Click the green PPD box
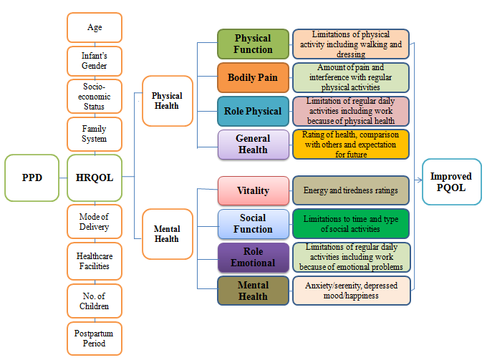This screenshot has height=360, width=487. [31, 176]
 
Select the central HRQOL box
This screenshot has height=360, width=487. [95, 176]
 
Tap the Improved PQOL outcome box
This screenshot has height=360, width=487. [451, 182]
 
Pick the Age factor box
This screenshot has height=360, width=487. [95, 28]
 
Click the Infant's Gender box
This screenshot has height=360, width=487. [95, 62]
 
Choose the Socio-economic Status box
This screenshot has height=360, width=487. [95, 96]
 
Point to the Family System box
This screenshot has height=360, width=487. [95, 134]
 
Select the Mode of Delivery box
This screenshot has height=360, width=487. [95, 222]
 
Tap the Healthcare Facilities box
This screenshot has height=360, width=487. [95, 261]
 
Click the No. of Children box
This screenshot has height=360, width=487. [95, 301]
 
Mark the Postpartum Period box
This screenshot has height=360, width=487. [95, 339]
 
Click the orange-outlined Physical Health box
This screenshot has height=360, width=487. [167, 101]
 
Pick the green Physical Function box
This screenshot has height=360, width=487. [253, 44]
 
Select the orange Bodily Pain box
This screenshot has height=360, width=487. [253, 77]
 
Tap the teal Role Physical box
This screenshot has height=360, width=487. [253, 111]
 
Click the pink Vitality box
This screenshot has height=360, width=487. [253, 191]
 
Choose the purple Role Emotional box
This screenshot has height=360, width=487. [253, 257]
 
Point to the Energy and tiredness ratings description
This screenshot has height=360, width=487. [350, 191]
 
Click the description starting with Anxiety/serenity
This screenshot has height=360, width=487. [350, 290]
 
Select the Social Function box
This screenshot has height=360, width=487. [253, 223]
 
